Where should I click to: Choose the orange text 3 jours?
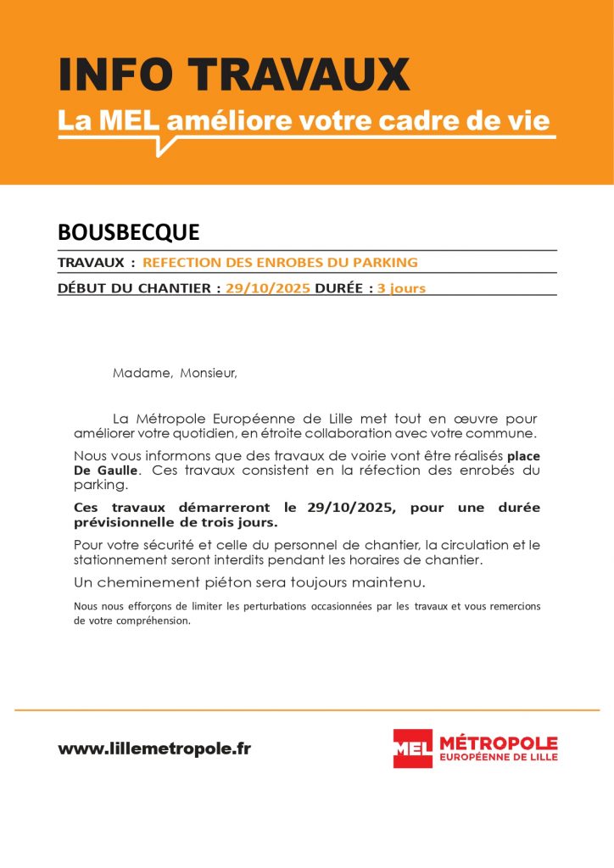pyautogui.click(x=401, y=288)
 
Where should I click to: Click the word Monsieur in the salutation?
pyautogui.click(x=210, y=373)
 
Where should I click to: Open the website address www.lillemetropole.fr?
pyautogui.click(x=154, y=748)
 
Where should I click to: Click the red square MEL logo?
pyautogui.click(x=412, y=748)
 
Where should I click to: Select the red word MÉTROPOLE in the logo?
pyautogui.click(x=498, y=743)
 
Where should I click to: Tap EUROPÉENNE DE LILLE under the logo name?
pyautogui.click(x=498, y=757)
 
